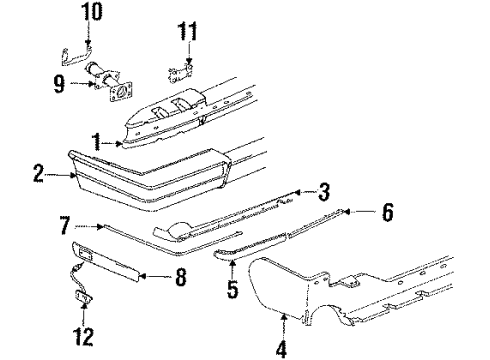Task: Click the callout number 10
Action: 91,13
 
